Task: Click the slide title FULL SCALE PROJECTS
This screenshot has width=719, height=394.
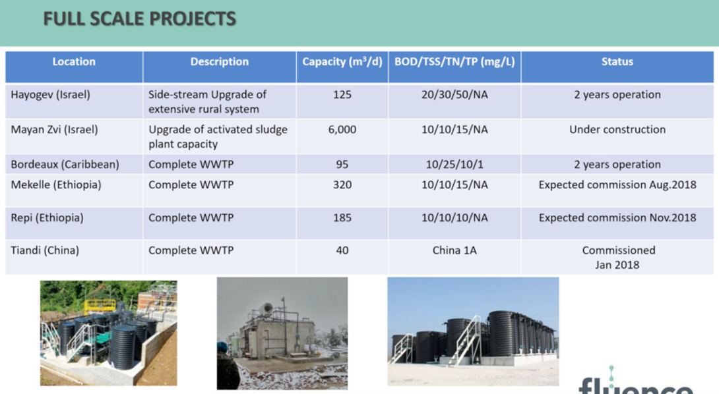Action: [x=139, y=19]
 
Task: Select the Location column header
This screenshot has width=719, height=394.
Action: [x=74, y=62]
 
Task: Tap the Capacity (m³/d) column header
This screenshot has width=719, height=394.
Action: [x=342, y=62]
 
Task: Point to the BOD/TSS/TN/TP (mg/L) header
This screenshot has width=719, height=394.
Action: [x=454, y=62]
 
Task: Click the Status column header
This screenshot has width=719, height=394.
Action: [x=617, y=62]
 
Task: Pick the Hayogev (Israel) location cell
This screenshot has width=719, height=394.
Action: [x=50, y=95]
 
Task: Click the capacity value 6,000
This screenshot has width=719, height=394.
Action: [x=342, y=130]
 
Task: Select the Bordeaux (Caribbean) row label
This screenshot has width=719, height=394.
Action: [x=65, y=165]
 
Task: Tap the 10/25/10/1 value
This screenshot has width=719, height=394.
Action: [x=454, y=165]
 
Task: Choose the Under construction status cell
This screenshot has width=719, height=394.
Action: [x=617, y=130]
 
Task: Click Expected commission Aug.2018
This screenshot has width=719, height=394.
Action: [x=617, y=184]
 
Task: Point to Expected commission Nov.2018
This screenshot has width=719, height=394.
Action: [x=617, y=217]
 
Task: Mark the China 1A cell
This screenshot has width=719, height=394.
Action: [x=454, y=250]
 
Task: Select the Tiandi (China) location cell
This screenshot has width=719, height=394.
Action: [x=45, y=250]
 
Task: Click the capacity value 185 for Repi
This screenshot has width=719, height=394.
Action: [x=342, y=217]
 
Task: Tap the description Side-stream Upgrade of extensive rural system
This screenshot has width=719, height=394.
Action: [x=207, y=101]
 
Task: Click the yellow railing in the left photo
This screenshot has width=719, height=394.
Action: [x=100, y=306]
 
